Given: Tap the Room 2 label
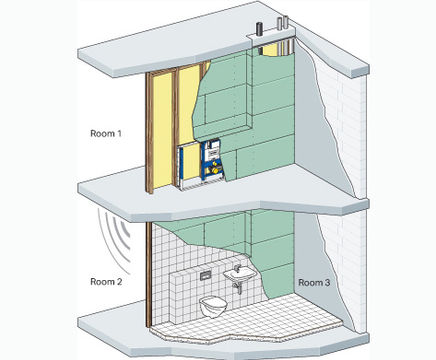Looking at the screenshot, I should click(x=106, y=282).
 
